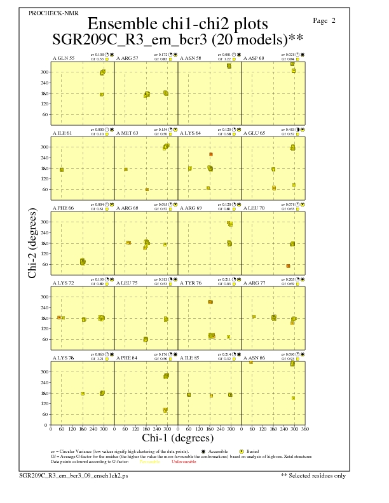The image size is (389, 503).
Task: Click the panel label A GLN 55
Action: point(63,58)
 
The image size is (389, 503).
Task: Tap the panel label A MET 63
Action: point(127,133)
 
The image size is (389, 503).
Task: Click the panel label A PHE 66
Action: point(63,208)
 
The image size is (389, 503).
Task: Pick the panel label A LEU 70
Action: point(255,208)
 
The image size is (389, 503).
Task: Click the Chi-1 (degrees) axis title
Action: point(177,438)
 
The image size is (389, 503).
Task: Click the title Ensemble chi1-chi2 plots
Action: point(178,23)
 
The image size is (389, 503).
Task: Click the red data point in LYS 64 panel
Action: point(210,154)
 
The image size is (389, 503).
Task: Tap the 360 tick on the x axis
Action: point(305,429)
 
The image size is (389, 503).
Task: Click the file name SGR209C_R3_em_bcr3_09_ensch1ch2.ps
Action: point(74,474)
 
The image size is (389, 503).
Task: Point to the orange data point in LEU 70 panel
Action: point(288,265)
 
